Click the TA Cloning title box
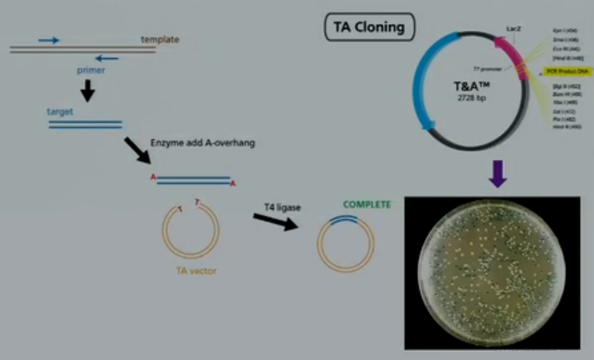pos(370,27)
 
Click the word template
pos(159,40)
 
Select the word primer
pos(91,70)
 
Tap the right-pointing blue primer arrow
pos(48,40)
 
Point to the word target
pos(60,111)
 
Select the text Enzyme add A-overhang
pos(202,143)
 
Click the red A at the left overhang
pos(153,177)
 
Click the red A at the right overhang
pos(233,184)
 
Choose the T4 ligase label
pos(282,207)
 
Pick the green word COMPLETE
pos(367,205)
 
